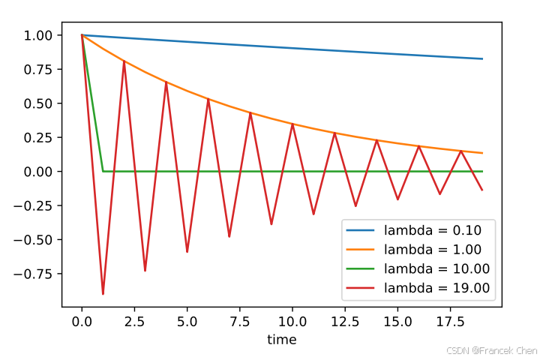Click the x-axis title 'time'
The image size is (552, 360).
click(x=282, y=340)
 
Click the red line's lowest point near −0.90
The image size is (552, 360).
click(x=103, y=294)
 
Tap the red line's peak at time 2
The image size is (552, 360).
click(x=124, y=61)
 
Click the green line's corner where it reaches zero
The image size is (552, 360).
click(x=103, y=172)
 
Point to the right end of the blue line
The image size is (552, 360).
click(x=482, y=58)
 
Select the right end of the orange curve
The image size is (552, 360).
click(x=482, y=153)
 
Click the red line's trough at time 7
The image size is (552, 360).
click(x=229, y=236)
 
